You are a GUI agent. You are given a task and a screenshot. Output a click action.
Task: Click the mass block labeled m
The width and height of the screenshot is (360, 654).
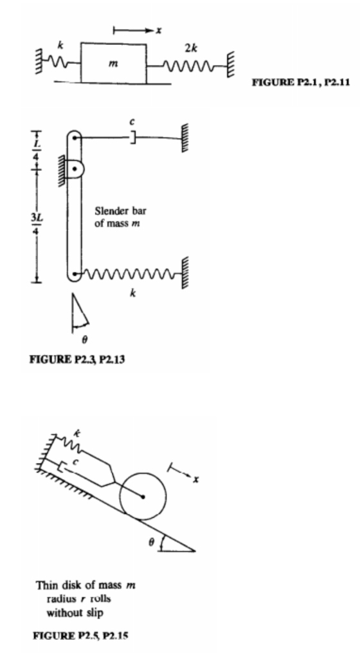(x=114, y=63)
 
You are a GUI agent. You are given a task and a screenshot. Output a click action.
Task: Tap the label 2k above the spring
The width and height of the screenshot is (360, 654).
(x=191, y=48)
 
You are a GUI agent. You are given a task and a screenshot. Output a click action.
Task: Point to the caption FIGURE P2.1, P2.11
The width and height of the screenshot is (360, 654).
(x=300, y=82)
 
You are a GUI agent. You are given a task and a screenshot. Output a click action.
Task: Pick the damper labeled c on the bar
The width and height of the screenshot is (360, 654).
(x=132, y=138)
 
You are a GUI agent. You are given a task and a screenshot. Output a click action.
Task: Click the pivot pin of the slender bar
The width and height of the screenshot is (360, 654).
(x=75, y=169)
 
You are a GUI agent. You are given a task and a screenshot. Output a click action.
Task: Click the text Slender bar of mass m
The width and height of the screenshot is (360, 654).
(x=121, y=217)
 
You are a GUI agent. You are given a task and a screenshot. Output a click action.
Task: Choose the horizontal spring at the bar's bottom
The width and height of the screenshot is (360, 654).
(x=131, y=275)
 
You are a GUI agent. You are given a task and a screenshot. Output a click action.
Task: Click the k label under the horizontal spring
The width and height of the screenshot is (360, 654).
(x=132, y=293)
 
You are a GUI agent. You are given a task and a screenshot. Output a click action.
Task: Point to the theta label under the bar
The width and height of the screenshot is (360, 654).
(x=85, y=340)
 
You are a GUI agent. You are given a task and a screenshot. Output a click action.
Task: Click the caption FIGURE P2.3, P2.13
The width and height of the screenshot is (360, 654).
(x=76, y=359)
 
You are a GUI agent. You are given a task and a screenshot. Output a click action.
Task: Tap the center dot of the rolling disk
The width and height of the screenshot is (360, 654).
(x=143, y=496)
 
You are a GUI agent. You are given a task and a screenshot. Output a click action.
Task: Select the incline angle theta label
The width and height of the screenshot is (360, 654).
(x=152, y=542)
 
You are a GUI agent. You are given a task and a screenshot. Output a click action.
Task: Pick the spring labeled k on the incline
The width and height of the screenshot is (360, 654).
(x=69, y=443)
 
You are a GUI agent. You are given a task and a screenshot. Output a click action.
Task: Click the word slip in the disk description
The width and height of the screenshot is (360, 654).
(x=94, y=613)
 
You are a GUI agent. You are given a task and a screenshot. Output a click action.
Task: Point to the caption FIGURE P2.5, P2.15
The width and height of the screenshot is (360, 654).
(x=80, y=635)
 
